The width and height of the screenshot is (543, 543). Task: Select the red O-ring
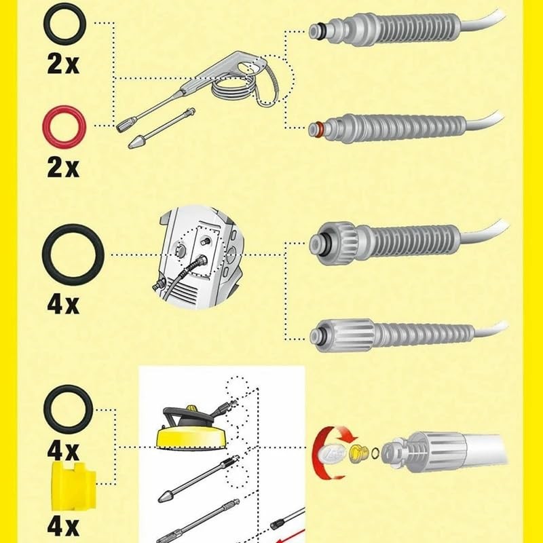tap(62, 126)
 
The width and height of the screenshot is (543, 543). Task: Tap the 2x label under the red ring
tap(62, 166)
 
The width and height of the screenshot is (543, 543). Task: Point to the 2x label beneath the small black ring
tap(62, 64)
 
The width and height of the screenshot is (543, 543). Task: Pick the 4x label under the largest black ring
tap(63, 303)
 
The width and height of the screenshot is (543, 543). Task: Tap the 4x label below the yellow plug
tap(62, 527)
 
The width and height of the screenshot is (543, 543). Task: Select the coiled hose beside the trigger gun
tap(231, 88)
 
